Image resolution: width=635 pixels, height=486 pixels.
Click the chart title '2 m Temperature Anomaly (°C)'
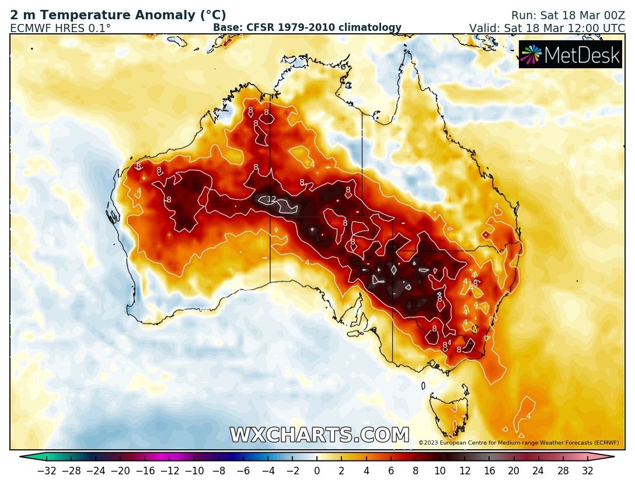[x=118, y=16]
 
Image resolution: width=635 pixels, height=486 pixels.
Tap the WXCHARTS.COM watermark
[x=319, y=435]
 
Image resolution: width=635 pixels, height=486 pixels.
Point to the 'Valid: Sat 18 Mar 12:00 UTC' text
[x=547, y=28]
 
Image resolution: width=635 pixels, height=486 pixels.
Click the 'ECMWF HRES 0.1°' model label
[x=61, y=28]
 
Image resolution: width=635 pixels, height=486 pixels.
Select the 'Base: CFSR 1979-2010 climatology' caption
[x=307, y=27]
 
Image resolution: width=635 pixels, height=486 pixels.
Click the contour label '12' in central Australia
[x=271, y=200]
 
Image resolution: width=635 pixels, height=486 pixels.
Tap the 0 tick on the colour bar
[x=317, y=470]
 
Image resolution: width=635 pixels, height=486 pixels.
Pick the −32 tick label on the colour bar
[x=47, y=470]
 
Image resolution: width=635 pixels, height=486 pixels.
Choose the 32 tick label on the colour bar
[x=587, y=470]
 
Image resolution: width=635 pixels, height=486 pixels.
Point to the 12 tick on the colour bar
[x=465, y=470]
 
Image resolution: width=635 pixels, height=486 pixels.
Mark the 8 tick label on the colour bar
[x=416, y=470]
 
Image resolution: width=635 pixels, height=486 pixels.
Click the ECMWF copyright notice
[x=519, y=443]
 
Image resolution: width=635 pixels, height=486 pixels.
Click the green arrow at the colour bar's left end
[x=25, y=457]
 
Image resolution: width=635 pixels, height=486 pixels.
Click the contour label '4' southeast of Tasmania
[x=528, y=416]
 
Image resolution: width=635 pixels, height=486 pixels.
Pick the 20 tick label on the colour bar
[x=514, y=470]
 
